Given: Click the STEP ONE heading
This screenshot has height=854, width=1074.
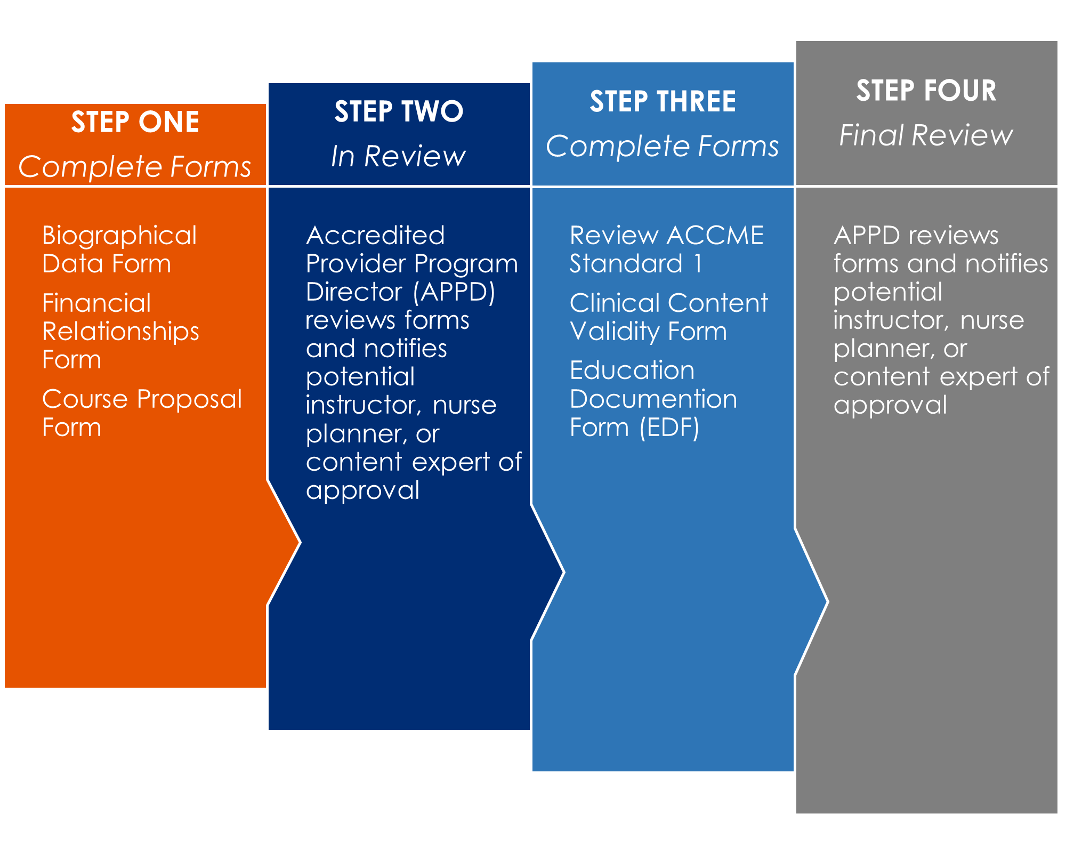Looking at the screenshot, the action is (x=135, y=122).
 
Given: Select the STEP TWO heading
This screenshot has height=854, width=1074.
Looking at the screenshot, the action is (x=399, y=111).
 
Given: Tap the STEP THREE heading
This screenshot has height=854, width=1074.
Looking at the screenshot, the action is (x=663, y=101).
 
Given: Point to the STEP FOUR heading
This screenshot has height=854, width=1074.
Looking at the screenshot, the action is (x=926, y=91).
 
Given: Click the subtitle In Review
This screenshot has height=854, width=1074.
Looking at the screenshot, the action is (x=398, y=156).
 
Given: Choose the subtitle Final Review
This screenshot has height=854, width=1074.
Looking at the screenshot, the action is (x=926, y=135).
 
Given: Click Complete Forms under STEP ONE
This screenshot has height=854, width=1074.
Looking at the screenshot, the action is (x=135, y=167).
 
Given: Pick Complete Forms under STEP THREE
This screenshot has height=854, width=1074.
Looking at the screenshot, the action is (x=663, y=146).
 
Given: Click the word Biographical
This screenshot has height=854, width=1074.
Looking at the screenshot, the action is (x=119, y=236).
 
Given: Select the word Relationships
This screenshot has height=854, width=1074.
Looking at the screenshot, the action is (x=120, y=332).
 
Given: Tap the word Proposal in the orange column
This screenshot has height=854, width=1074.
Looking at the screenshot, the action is (x=192, y=400).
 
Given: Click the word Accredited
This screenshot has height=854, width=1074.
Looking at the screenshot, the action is (x=375, y=236).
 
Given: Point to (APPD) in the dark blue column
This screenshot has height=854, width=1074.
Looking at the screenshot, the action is (x=454, y=292).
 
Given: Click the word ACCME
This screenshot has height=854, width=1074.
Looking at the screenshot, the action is (x=715, y=236).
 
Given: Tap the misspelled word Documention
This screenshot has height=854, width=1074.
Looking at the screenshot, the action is (x=653, y=399).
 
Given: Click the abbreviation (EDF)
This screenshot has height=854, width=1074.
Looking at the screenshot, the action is (x=669, y=428).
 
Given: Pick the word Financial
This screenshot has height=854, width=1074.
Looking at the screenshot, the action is (x=96, y=303).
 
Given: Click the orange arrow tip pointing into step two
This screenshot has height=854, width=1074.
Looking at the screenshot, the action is (x=300, y=543).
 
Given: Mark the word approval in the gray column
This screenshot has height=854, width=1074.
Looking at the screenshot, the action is (x=890, y=406).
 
